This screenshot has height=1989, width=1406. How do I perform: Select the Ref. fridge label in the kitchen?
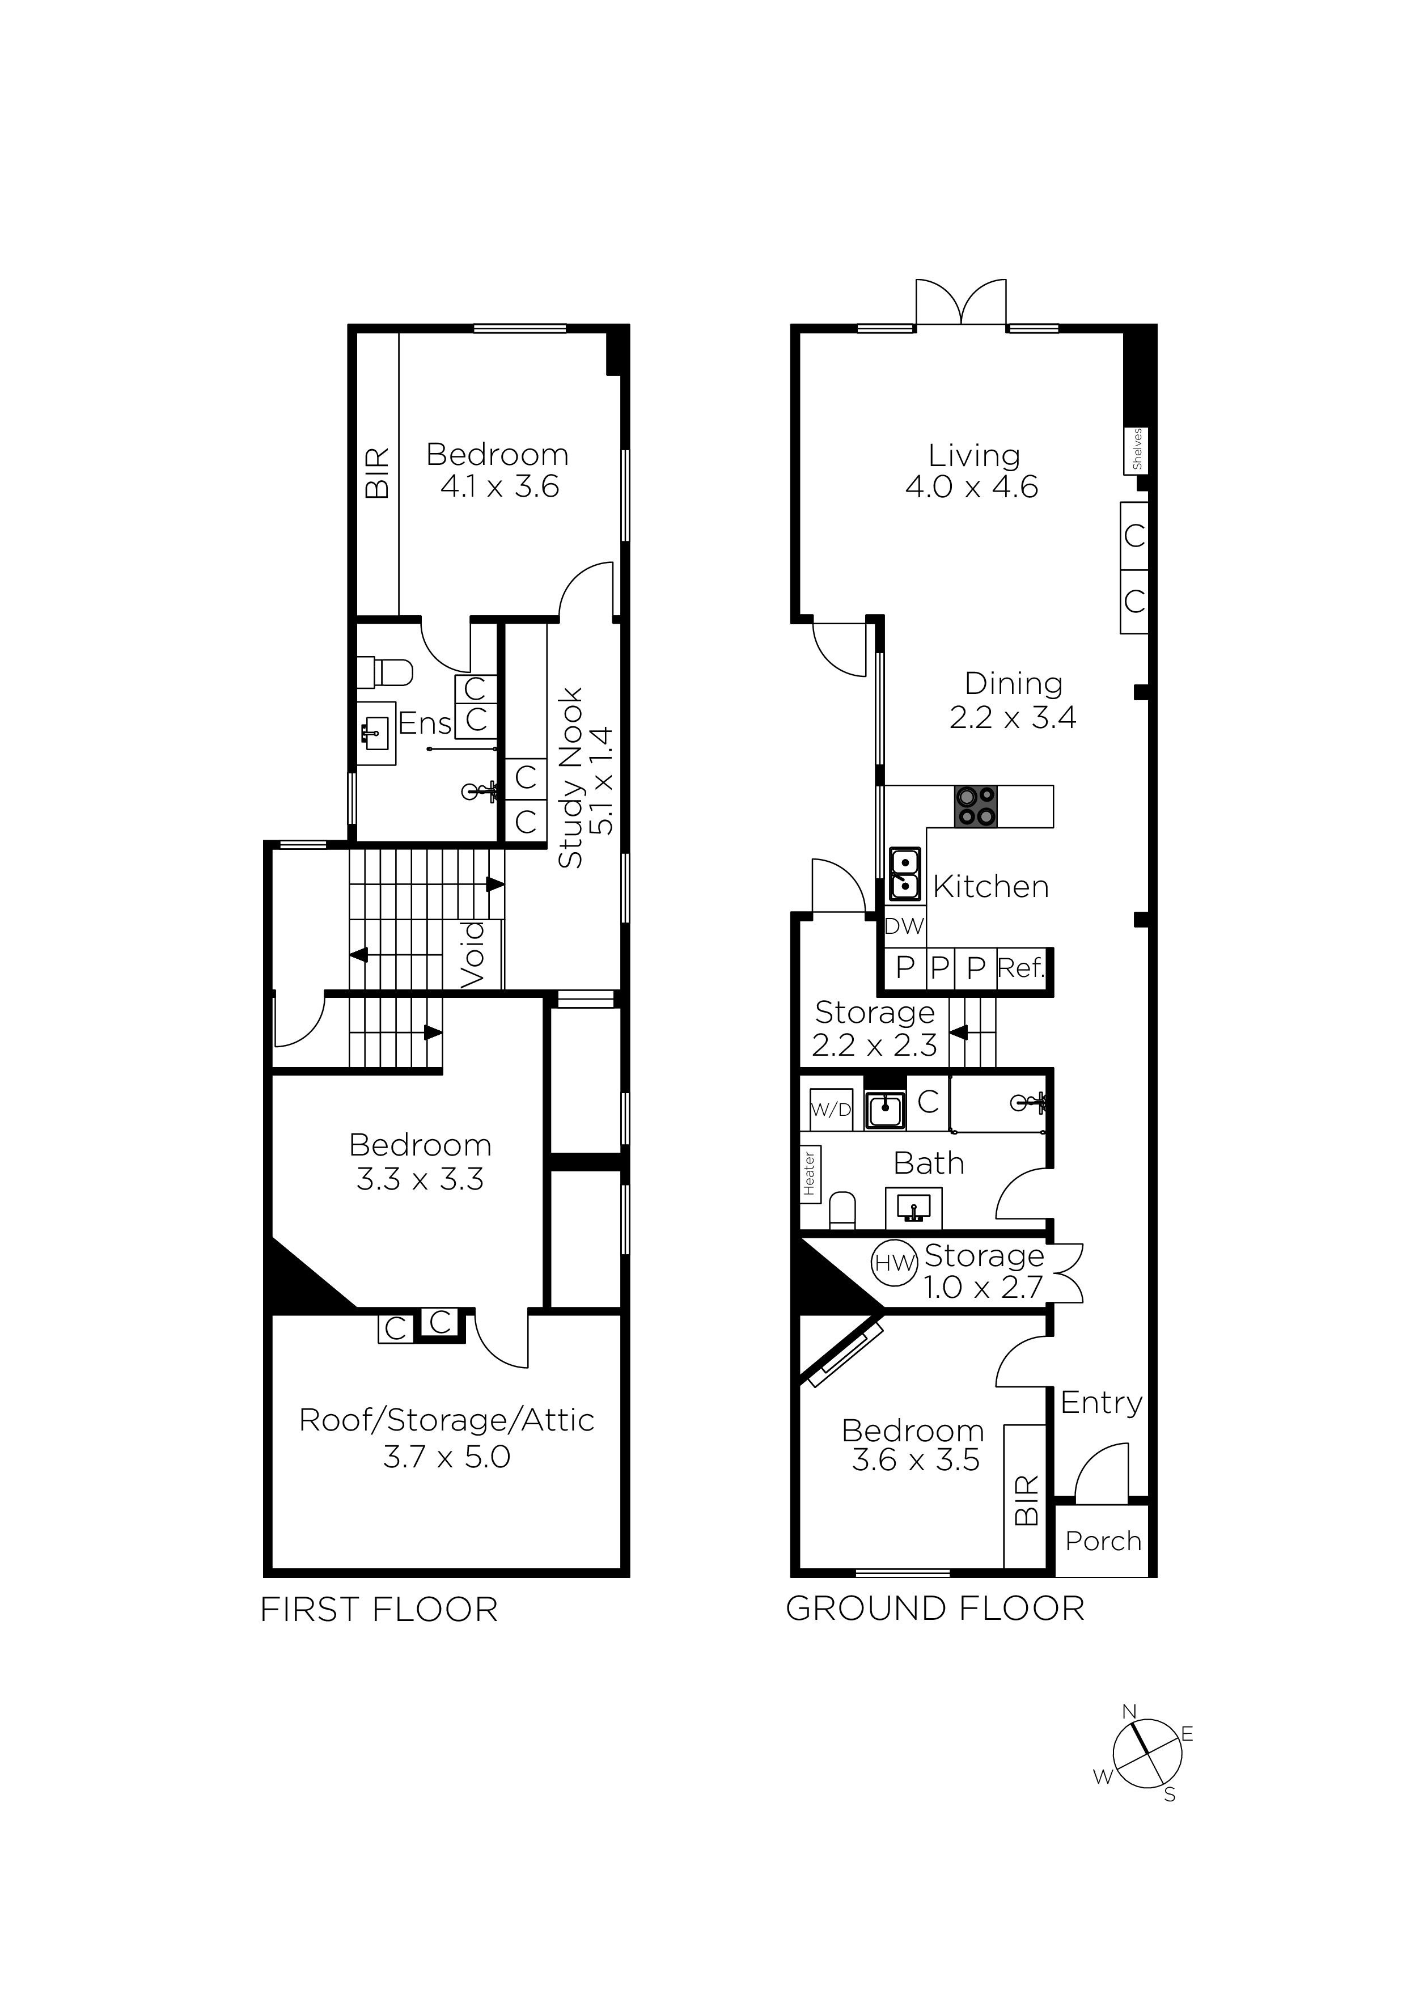point(1022,968)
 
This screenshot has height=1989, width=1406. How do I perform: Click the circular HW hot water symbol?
point(894,1263)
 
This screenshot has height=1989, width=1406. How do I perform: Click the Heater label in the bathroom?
point(809,1173)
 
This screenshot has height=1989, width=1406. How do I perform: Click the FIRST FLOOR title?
point(379,1610)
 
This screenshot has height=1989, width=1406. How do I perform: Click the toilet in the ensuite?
point(386,671)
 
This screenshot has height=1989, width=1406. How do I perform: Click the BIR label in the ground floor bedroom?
point(1026,1500)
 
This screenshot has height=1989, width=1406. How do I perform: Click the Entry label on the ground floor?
point(1101,1403)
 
